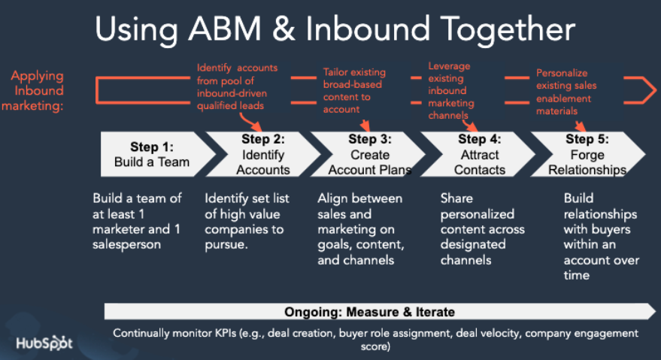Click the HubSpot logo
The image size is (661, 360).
point(45,343)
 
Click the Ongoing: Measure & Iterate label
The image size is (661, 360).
point(369,311)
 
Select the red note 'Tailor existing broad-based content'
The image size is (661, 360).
point(354,90)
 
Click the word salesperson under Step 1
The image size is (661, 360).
point(127,244)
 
